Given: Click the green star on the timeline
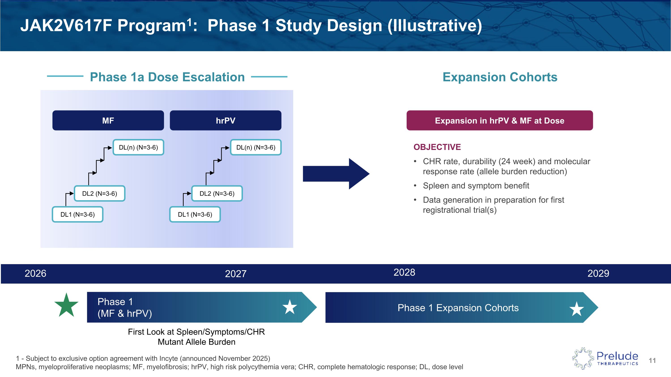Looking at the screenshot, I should click(x=66, y=305).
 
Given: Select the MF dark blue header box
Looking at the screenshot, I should click(x=108, y=120).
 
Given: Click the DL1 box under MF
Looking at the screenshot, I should click(x=77, y=214).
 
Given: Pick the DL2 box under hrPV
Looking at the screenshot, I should click(x=217, y=194).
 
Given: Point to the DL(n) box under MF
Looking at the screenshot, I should click(x=138, y=147).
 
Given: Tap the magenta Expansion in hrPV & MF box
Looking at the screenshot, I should click(x=499, y=120).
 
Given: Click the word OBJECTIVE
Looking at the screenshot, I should click(x=437, y=147).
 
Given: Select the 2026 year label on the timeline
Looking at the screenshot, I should click(x=35, y=274).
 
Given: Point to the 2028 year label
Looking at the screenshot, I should click(x=404, y=272).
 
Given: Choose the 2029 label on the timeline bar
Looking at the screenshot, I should click(x=598, y=274).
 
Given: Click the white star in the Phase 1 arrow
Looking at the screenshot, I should click(x=289, y=307).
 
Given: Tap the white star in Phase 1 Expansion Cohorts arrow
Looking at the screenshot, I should click(x=576, y=309).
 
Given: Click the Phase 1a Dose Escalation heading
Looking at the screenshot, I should click(x=167, y=77).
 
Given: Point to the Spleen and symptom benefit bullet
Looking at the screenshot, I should click(x=476, y=185).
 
